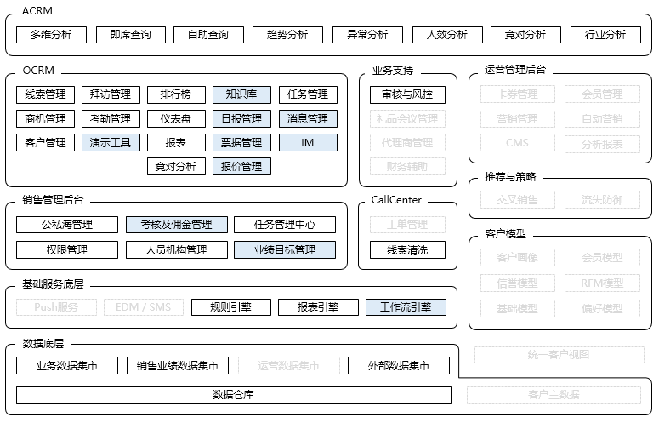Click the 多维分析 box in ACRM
pos(50,35)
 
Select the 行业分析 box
pos(605,35)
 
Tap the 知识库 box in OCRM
pos(241,94)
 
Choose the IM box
pos(308,142)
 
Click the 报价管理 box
pos(241,166)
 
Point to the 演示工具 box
pos(111,142)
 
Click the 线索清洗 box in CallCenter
pos(407,249)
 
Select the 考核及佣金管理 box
pos(177,225)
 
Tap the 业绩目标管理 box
pos(285,249)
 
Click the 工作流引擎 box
pos(406,307)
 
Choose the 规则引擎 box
pos(230,307)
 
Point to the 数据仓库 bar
pos(233,395)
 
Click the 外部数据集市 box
pos(398,366)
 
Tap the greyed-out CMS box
pos(517,142)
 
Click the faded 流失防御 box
pos(602,200)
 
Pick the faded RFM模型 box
pos(602,283)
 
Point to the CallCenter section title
pos(396,200)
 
